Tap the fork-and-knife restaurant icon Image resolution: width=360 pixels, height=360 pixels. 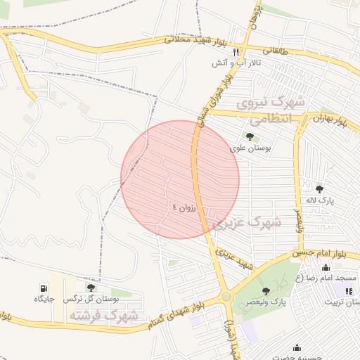coord(236,51)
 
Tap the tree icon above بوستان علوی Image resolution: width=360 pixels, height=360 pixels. coord(250,136)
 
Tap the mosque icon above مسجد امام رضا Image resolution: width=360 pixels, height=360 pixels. coord(325,268)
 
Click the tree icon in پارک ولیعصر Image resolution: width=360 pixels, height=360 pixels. coord(265,291)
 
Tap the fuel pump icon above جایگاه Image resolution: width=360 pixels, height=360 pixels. coord(44,288)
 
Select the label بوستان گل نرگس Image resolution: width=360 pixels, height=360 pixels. coord(91,300)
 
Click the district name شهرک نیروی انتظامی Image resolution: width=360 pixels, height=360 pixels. coord(271,111)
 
